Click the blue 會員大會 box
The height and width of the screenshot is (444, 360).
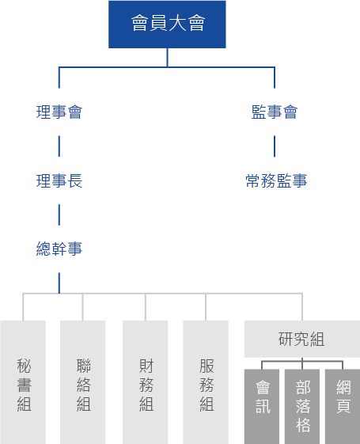[167, 25]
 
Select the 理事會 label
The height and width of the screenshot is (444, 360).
[59, 112]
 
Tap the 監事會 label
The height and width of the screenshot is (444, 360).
[275, 112]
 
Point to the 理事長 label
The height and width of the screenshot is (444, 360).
[59, 180]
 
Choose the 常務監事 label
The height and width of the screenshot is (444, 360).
[276, 180]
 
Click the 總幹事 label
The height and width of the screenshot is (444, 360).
[59, 249]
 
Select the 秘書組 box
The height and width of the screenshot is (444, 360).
[23, 382]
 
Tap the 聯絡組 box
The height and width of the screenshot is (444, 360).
[82, 382]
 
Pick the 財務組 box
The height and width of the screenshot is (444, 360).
[146, 382]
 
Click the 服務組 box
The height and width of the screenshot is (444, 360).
[206, 382]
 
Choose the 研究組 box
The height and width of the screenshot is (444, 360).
[302, 339]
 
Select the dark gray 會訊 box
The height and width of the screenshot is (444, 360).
[262, 407]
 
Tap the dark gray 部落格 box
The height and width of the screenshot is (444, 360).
[302, 407]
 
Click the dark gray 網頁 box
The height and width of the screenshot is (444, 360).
[343, 407]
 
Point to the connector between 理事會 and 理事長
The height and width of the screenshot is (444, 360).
[59, 146]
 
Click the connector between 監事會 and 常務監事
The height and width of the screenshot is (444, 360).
[275, 146]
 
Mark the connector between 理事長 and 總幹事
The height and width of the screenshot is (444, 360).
[59, 215]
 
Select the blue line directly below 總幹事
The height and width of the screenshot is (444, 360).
[59, 283]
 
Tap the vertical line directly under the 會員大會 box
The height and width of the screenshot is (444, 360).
[167, 58]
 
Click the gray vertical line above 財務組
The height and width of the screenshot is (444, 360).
[146, 307]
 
